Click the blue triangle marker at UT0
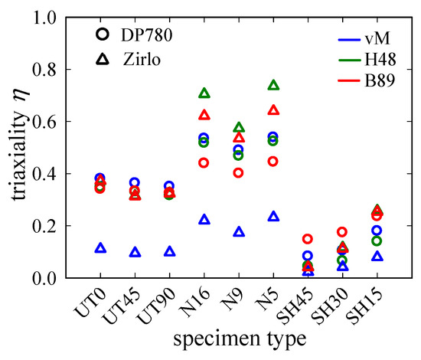pyautogui.click(x=100, y=249)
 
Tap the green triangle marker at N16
pyautogui.click(x=204, y=93)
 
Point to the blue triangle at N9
pyautogui.click(x=238, y=232)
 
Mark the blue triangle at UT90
pyautogui.click(x=169, y=252)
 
